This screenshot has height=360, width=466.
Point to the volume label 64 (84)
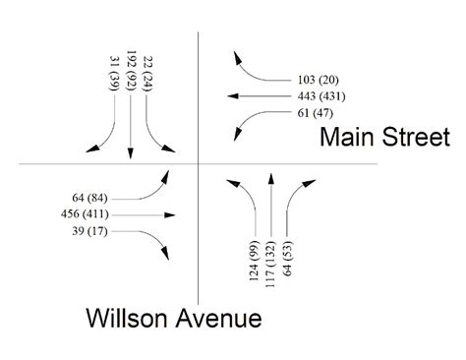91,197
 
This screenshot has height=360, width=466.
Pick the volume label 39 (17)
91,230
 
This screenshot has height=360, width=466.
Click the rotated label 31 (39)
114,76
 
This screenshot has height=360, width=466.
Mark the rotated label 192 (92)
131,72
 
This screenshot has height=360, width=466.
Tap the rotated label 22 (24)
147,75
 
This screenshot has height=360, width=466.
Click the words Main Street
379,138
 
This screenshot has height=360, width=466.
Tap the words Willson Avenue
173,317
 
